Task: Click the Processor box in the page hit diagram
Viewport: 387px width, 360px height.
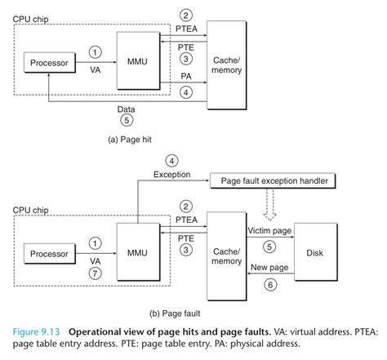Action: pyautogui.click(x=49, y=63)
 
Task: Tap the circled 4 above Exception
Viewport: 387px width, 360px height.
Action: pyautogui.click(x=171, y=160)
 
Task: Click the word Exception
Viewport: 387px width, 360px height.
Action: pyautogui.click(x=171, y=174)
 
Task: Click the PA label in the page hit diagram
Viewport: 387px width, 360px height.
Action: pyautogui.click(x=186, y=76)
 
